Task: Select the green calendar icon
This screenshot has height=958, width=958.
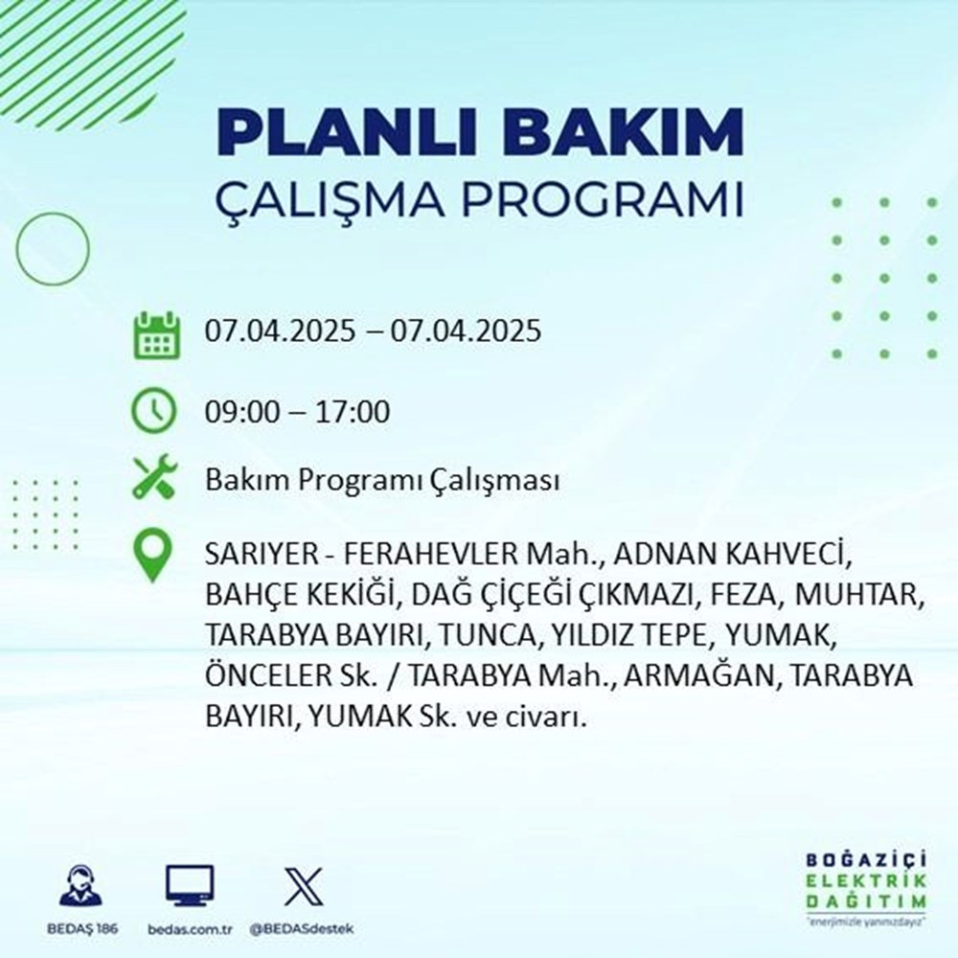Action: (x=154, y=332)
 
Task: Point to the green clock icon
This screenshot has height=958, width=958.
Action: (x=154, y=413)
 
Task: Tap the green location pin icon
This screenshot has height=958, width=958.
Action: (x=154, y=557)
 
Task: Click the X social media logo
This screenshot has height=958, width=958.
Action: (x=303, y=887)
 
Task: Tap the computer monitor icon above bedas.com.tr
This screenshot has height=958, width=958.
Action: (x=190, y=887)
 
